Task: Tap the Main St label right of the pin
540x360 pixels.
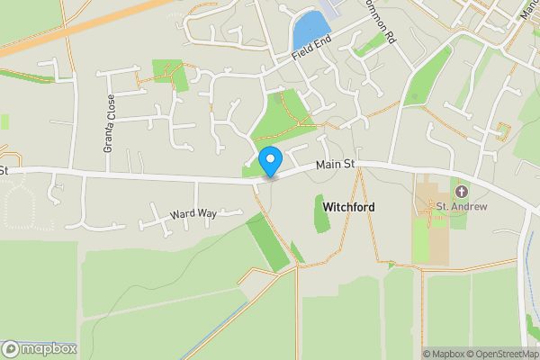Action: pos(337,164)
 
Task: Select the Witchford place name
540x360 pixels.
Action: pos(348,207)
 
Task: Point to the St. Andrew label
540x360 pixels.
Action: pos(462,207)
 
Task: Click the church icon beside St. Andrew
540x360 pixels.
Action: pos(463,192)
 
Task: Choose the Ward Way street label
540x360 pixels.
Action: pos(193,214)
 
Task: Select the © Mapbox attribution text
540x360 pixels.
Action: pos(440,354)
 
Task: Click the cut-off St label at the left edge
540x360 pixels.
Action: pos(4,169)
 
